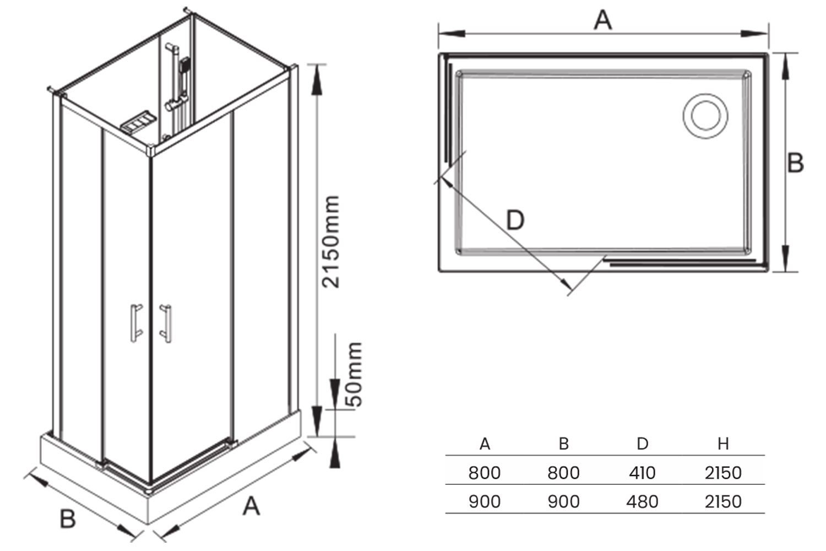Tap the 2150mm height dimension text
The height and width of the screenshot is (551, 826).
332,241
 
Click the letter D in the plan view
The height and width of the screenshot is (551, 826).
515,220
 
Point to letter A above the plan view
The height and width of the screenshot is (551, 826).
603,20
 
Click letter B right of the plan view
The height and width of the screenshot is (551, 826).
795,163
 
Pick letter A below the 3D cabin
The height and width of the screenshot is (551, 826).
251,506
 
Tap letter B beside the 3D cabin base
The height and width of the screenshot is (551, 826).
67,519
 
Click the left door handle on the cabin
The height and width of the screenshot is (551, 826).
135,323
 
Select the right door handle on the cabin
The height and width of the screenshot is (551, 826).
165,323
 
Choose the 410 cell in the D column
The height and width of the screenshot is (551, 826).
642,473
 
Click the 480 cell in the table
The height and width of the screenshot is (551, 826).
642,502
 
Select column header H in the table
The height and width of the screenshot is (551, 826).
723,444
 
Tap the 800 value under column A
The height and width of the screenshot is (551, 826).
485,473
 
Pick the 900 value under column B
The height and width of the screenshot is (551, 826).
563,502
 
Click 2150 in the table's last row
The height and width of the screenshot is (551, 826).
723,502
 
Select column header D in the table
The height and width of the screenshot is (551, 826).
642,444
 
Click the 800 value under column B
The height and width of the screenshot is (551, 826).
563,473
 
